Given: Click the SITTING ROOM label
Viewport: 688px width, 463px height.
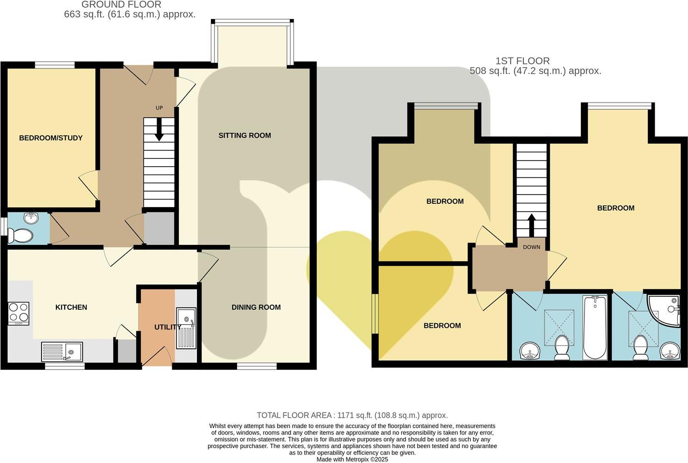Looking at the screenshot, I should pos(245,136).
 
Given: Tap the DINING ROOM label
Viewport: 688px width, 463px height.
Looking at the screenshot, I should pos(256,307).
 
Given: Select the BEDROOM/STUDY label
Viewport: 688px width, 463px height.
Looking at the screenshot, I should pos(51,138).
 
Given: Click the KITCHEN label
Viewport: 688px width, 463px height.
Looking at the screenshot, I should pos(71,307).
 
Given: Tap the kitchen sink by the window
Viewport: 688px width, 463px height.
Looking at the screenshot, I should pos(62,351).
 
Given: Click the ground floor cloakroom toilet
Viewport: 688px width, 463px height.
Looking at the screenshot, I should pos(21,236).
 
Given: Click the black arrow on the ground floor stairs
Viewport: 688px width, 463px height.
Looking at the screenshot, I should pos(159,130).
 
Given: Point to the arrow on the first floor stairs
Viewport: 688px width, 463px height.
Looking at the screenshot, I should pos(531,225).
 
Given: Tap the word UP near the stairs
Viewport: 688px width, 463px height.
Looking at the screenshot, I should pos(159,108).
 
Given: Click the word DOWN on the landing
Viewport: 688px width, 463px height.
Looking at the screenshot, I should pos(531,247).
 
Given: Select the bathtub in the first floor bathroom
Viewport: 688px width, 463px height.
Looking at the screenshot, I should pos(595,327).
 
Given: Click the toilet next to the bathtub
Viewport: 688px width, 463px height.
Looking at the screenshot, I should pos(561,347).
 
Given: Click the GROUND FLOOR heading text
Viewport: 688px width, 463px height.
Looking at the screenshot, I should pos(122,5).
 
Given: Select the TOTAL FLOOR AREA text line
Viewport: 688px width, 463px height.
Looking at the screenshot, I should pos(352,415).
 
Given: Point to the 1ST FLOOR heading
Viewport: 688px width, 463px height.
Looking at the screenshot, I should pos(522,61).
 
